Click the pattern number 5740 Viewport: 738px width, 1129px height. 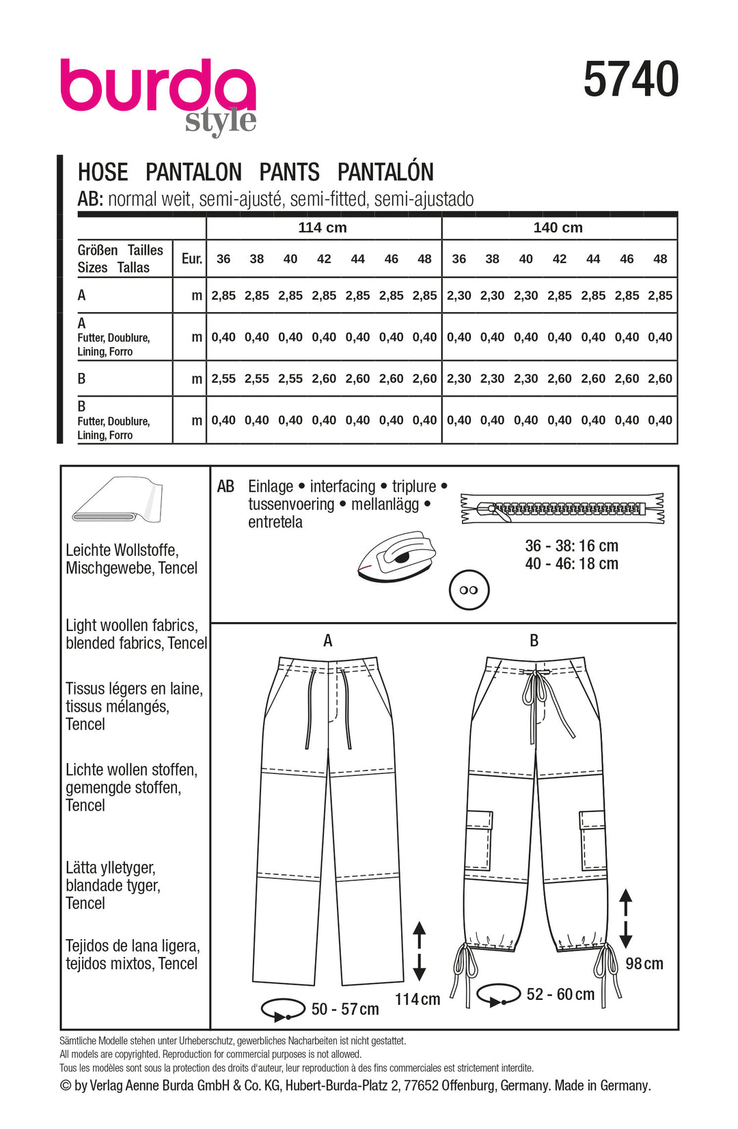[631, 80]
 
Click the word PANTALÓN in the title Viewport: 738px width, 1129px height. [385, 172]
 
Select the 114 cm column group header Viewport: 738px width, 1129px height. [323, 227]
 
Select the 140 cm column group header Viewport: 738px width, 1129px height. [558, 227]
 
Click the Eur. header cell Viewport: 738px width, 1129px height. [191, 259]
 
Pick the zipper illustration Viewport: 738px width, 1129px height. [562, 509]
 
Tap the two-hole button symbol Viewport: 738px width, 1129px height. [469, 590]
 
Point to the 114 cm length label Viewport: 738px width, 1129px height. [417, 999]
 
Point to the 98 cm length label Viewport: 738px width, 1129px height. [644, 964]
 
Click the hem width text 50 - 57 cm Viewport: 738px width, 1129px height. [344, 1009]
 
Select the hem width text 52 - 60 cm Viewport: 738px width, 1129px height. [560, 994]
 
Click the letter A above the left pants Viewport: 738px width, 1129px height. [328, 641]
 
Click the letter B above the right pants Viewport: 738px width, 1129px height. [534, 641]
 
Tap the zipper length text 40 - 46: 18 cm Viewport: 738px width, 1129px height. [571, 564]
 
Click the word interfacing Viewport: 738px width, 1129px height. [342, 486]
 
